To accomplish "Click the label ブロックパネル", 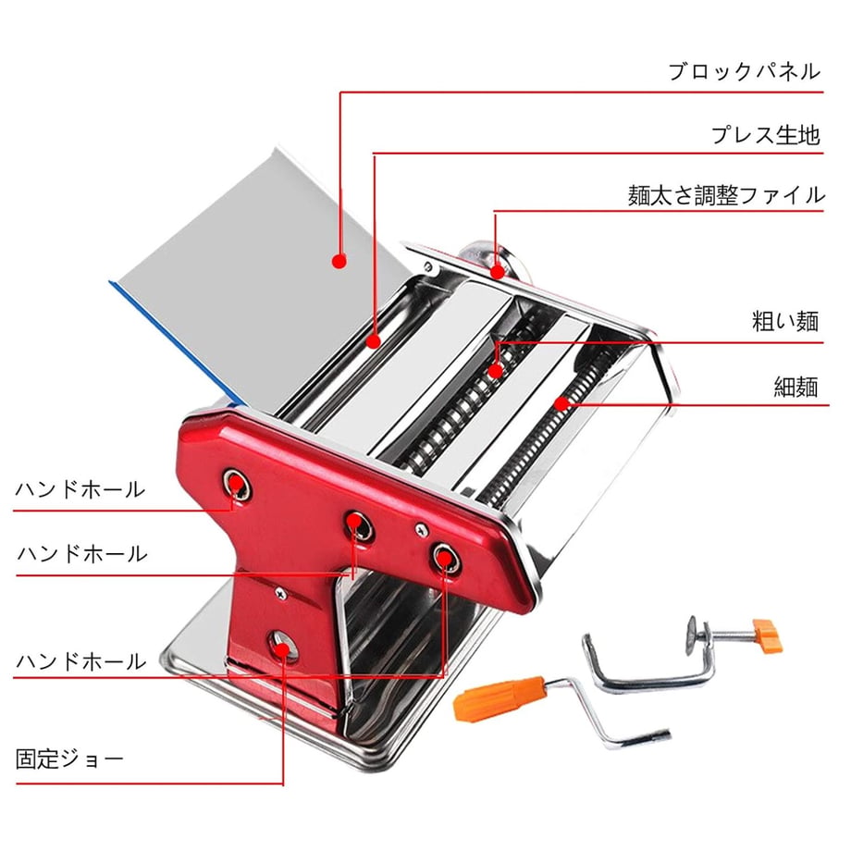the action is click(744, 71).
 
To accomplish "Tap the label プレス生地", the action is click(765, 135).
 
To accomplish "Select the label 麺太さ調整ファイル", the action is click(726, 195).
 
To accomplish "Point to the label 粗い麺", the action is click(785, 321).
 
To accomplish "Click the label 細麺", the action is click(795, 388).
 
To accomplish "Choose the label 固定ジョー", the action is click(69, 758).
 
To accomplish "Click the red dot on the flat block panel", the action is click(339, 262).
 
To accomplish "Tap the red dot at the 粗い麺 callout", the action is click(495, 371).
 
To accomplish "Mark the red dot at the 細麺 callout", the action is click(561, 403).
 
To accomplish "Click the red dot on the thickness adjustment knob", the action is click(497, 271).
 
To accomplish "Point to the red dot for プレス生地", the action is click(373, 341).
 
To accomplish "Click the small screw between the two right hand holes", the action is click(421, 530).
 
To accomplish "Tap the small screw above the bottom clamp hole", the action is click(280, 594).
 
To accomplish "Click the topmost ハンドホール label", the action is click(80, 489).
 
